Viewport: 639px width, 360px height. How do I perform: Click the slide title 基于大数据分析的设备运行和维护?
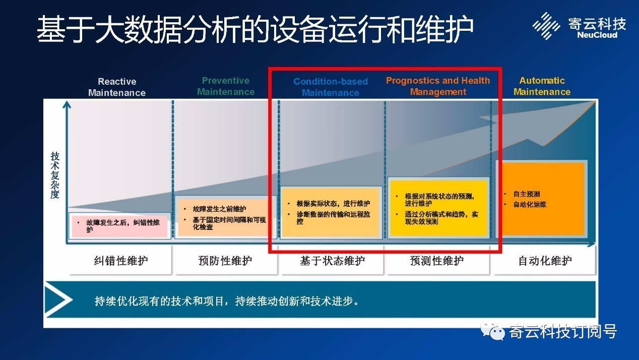pos(255,29)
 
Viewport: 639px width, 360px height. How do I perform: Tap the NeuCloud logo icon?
pos(546,26)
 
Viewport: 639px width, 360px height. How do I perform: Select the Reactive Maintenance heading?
pos(117,87)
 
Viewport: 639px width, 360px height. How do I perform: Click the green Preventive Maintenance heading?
pos(226,86)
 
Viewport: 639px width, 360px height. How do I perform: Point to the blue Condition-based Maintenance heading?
pos(331,87)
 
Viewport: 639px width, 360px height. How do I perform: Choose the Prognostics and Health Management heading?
pos(438,86)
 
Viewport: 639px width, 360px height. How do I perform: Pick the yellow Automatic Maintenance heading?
pos(542,86)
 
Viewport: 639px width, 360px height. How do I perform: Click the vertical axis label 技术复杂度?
pos(55,175)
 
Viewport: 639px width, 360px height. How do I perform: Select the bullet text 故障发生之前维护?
pos(219,209)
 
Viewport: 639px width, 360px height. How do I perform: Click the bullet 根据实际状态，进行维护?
pos(333,204)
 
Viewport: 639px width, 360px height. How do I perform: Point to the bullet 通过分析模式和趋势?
pos(441,218)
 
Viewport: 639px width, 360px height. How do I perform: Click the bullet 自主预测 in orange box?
pos(526,194)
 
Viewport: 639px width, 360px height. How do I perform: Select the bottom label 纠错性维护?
pos(121,261)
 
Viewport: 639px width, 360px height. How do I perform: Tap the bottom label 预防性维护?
pos(225,261)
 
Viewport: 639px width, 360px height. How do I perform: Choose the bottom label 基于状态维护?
pos(332,261)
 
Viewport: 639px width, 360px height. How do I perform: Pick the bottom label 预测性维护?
pos(437,261)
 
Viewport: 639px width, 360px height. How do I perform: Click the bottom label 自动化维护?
pos(545,261)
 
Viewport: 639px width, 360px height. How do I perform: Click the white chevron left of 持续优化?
pos(58,299)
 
